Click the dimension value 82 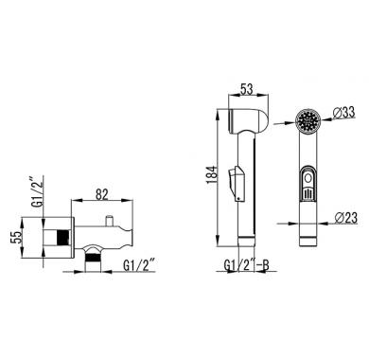pos(101,194)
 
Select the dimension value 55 pos(17,238)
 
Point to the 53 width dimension pos(247,89)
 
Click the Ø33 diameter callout pos(343,112)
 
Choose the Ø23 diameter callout pos(346,218)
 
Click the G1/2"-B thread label pos(246,265)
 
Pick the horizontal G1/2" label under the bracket pos(139,265)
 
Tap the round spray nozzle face pos(308,120)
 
